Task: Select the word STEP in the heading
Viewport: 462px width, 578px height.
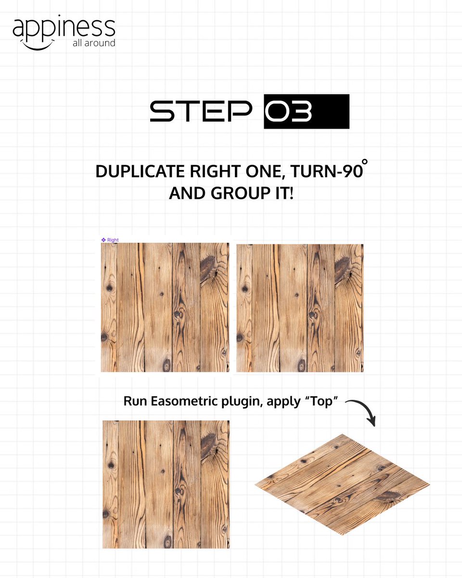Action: (201, 111)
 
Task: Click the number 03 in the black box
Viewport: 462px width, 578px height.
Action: (289, 111)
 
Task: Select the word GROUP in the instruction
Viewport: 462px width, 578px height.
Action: (235, 194)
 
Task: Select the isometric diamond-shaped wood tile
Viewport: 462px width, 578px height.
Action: (342, 484)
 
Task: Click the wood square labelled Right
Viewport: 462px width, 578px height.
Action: (165, 307)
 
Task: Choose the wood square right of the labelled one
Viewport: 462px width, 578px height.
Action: (300, 307)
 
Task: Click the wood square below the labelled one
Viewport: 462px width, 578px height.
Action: (166, 484)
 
